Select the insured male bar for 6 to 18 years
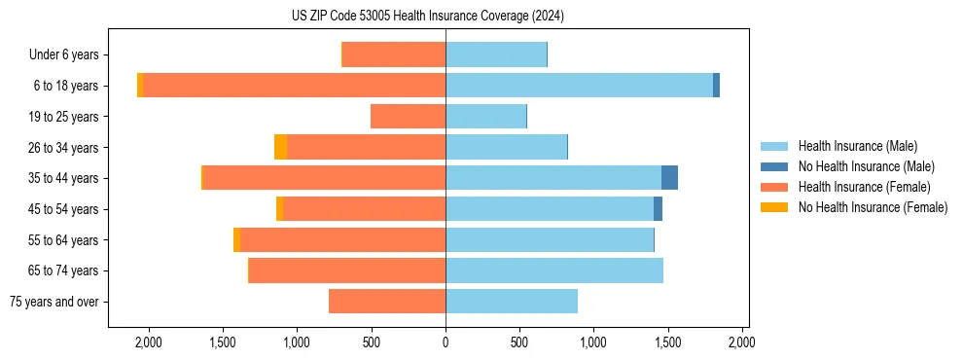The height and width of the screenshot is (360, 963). tap(579, 86)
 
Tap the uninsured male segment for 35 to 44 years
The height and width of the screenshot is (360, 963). tap(669, 178)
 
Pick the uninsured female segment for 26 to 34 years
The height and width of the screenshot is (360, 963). tap(280, 147)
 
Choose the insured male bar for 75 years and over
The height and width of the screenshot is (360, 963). tap(512, 302)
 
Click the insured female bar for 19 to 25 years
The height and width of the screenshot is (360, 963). tap(408, 117)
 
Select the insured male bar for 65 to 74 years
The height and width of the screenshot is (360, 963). tap(554, 270)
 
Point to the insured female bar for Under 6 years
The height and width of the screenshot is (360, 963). tap(394, 54)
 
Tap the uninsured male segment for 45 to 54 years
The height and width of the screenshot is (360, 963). tap(658, 209)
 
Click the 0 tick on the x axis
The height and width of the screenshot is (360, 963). tap(446, 342)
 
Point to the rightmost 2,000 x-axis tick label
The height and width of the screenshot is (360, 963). tap(742, 342)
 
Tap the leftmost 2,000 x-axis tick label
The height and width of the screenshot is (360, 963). tap(149, 342)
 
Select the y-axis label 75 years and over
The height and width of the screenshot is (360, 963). tap(54, 302)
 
